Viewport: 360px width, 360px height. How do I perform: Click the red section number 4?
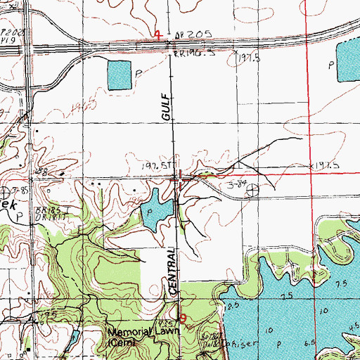click(157, 34)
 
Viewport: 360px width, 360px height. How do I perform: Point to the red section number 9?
click(184, 318)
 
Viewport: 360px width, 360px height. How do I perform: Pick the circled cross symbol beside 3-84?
click(252, 188)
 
